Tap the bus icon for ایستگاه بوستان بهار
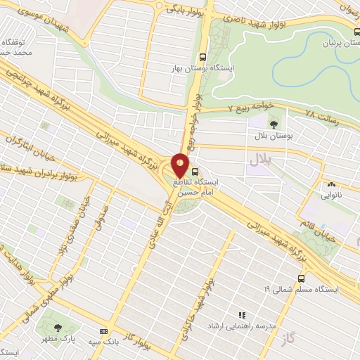(x=203, y=58)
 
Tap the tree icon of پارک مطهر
(x=58, y=327)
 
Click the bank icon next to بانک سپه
(x=104, y=331)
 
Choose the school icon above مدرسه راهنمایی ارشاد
(x=242, y=316)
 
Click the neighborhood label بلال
(x=259, y=161)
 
